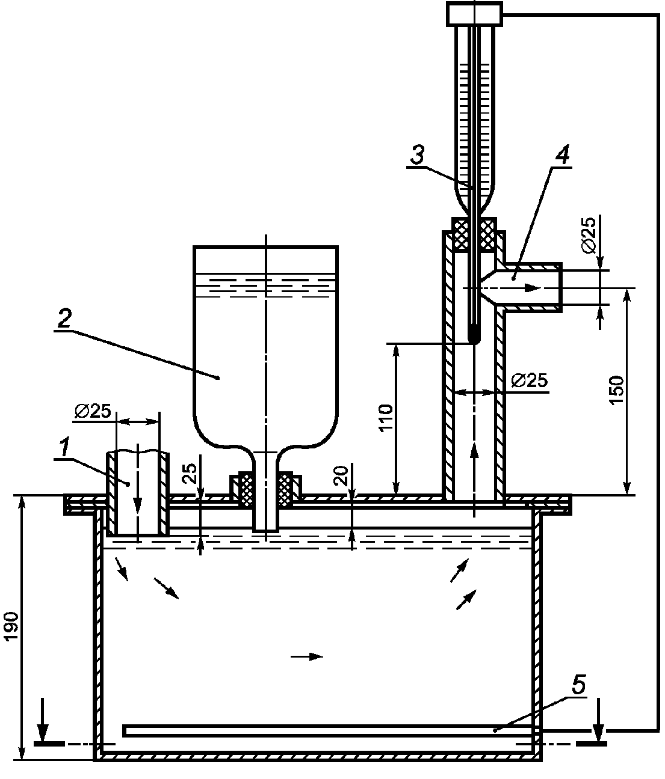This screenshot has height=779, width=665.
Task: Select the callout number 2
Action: click(x=64, y=319)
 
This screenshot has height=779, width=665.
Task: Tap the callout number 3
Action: click(x=417, y=155)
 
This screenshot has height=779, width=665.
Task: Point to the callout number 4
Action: click(x=562, y=155)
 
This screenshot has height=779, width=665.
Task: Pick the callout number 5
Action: click(x=578, y=685)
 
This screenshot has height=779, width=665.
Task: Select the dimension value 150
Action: click(x=617, y=390)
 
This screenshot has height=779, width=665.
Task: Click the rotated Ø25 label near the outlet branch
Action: click(x=589, y=234)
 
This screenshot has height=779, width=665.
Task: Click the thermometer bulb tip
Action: click(x=474, y=340)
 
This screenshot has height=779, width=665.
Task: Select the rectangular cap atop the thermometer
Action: click(x=474, y=14)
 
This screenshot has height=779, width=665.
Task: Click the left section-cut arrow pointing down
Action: click(x=43, y=719)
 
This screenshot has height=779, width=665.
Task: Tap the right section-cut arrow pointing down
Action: click(x=599, y=719)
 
